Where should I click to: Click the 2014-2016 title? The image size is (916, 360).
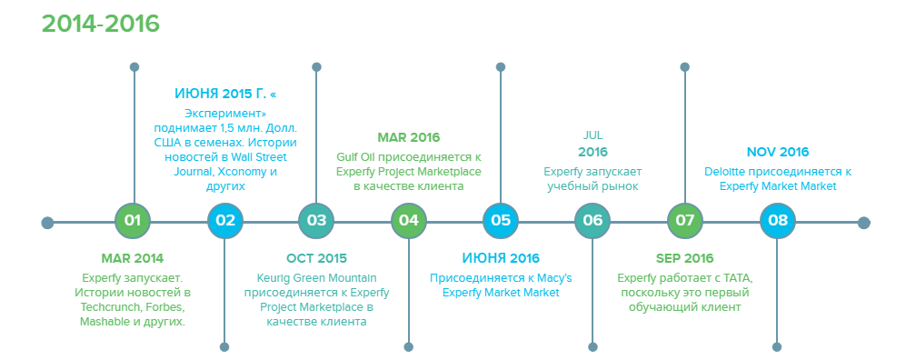101,24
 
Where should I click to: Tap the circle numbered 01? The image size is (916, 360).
134,221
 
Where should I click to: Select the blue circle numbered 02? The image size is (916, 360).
225,221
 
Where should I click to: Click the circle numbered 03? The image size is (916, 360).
316,221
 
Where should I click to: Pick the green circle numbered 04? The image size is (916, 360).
409,221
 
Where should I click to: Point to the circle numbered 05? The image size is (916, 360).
501,221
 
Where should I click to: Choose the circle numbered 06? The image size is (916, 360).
592,221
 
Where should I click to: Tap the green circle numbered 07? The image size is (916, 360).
684,221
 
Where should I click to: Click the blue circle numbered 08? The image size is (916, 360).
778,221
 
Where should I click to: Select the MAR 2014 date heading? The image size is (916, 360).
133,258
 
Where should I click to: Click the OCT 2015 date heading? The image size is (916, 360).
316,258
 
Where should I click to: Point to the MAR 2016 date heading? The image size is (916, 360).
409,138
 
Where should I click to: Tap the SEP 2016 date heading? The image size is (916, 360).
684,258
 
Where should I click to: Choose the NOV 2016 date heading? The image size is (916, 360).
778,152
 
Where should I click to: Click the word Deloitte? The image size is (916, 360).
725,172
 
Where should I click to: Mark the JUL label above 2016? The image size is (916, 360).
592,135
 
